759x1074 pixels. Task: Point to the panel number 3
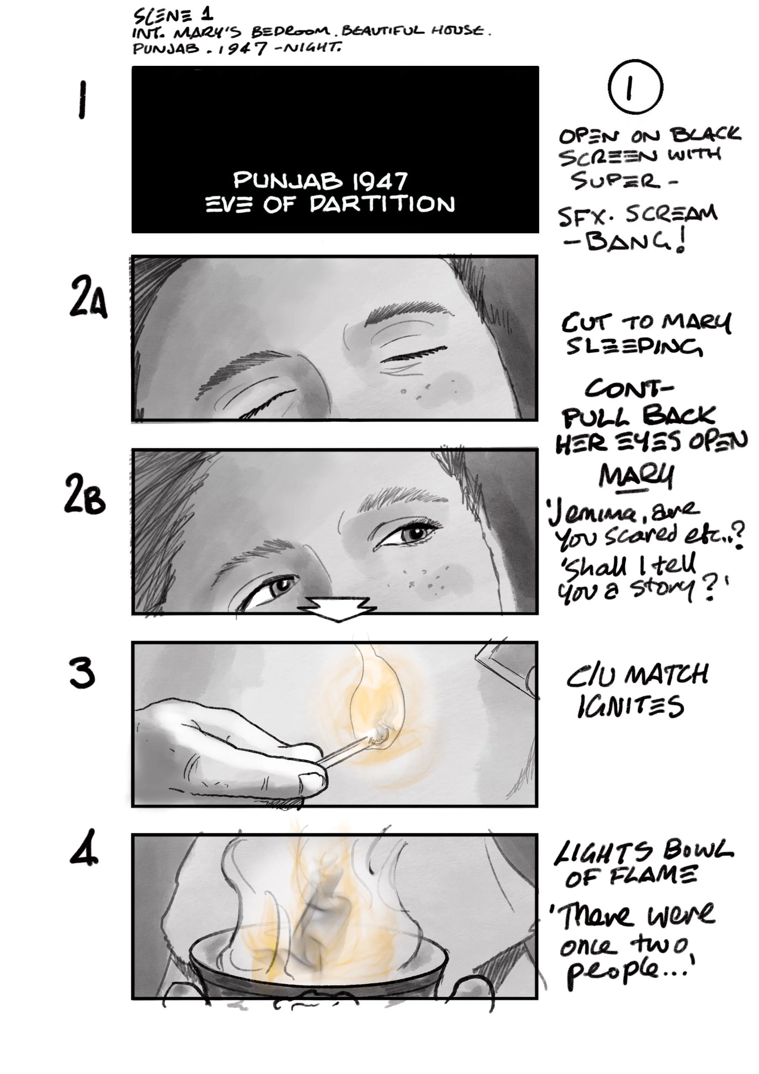(x=82, y=674)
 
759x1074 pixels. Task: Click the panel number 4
(x=84, y=847)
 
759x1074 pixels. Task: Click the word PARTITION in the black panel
(x=382, y=204)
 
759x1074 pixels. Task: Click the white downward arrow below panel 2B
(x=338, y=609)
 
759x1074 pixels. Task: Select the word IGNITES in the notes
(x=631, y=706)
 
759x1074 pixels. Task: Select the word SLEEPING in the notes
(x=634, y=347)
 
